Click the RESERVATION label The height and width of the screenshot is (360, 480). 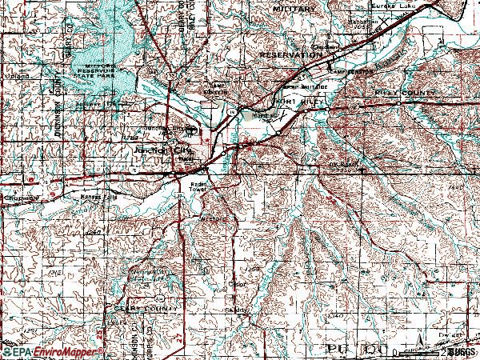click(x=289, y=54)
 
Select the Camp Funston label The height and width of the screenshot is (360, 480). click(x=350, y=71)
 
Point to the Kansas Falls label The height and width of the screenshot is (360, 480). click(x=97, y=196)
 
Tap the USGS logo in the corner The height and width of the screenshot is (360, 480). click(x=460, y=351)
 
